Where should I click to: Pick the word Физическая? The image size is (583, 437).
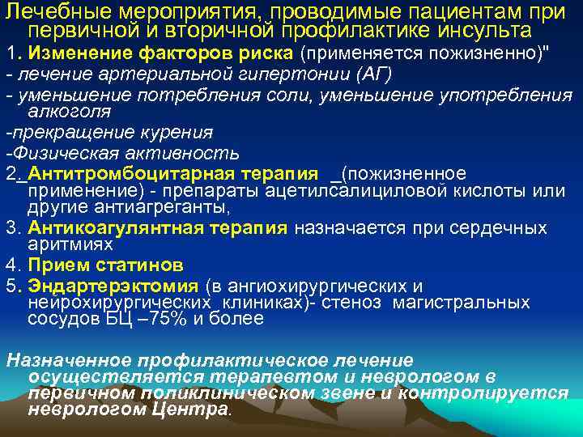point(62,153)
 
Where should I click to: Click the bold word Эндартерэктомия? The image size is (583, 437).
point(113,286)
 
